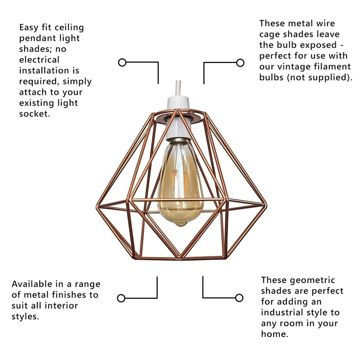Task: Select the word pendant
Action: [x=36, y=38]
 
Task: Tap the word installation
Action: [x=45, y=70]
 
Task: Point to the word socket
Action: [x=34, y=113]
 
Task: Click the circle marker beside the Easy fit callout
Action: [x=122, y=62]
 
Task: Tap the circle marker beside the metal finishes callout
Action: [x=121, y=298]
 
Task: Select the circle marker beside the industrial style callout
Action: [x=239, y=297]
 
